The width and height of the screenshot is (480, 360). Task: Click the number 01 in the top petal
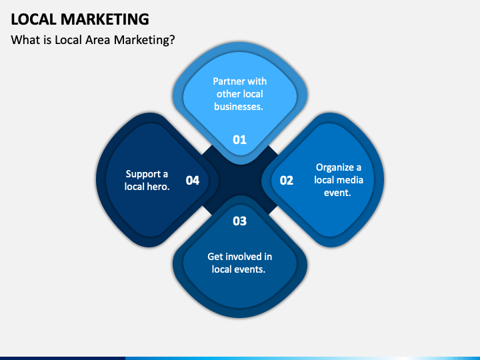[239, 139]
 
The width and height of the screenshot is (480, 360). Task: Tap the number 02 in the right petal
[286, 180]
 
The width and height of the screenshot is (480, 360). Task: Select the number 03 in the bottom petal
[239, 221]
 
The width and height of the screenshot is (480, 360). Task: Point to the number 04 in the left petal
[193, 180]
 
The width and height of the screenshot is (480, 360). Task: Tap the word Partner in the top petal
[223, 81]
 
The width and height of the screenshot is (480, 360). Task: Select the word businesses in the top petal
[239, 106]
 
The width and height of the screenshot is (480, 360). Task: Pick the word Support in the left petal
[141, 174]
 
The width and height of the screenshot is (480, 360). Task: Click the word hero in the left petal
[159, 187]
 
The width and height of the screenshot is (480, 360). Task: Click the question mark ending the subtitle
[172, 40]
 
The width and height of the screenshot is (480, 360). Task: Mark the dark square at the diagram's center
[240, 180]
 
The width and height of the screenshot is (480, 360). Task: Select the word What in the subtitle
[25, 40]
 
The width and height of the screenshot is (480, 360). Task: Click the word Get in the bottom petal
[215, 257]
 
